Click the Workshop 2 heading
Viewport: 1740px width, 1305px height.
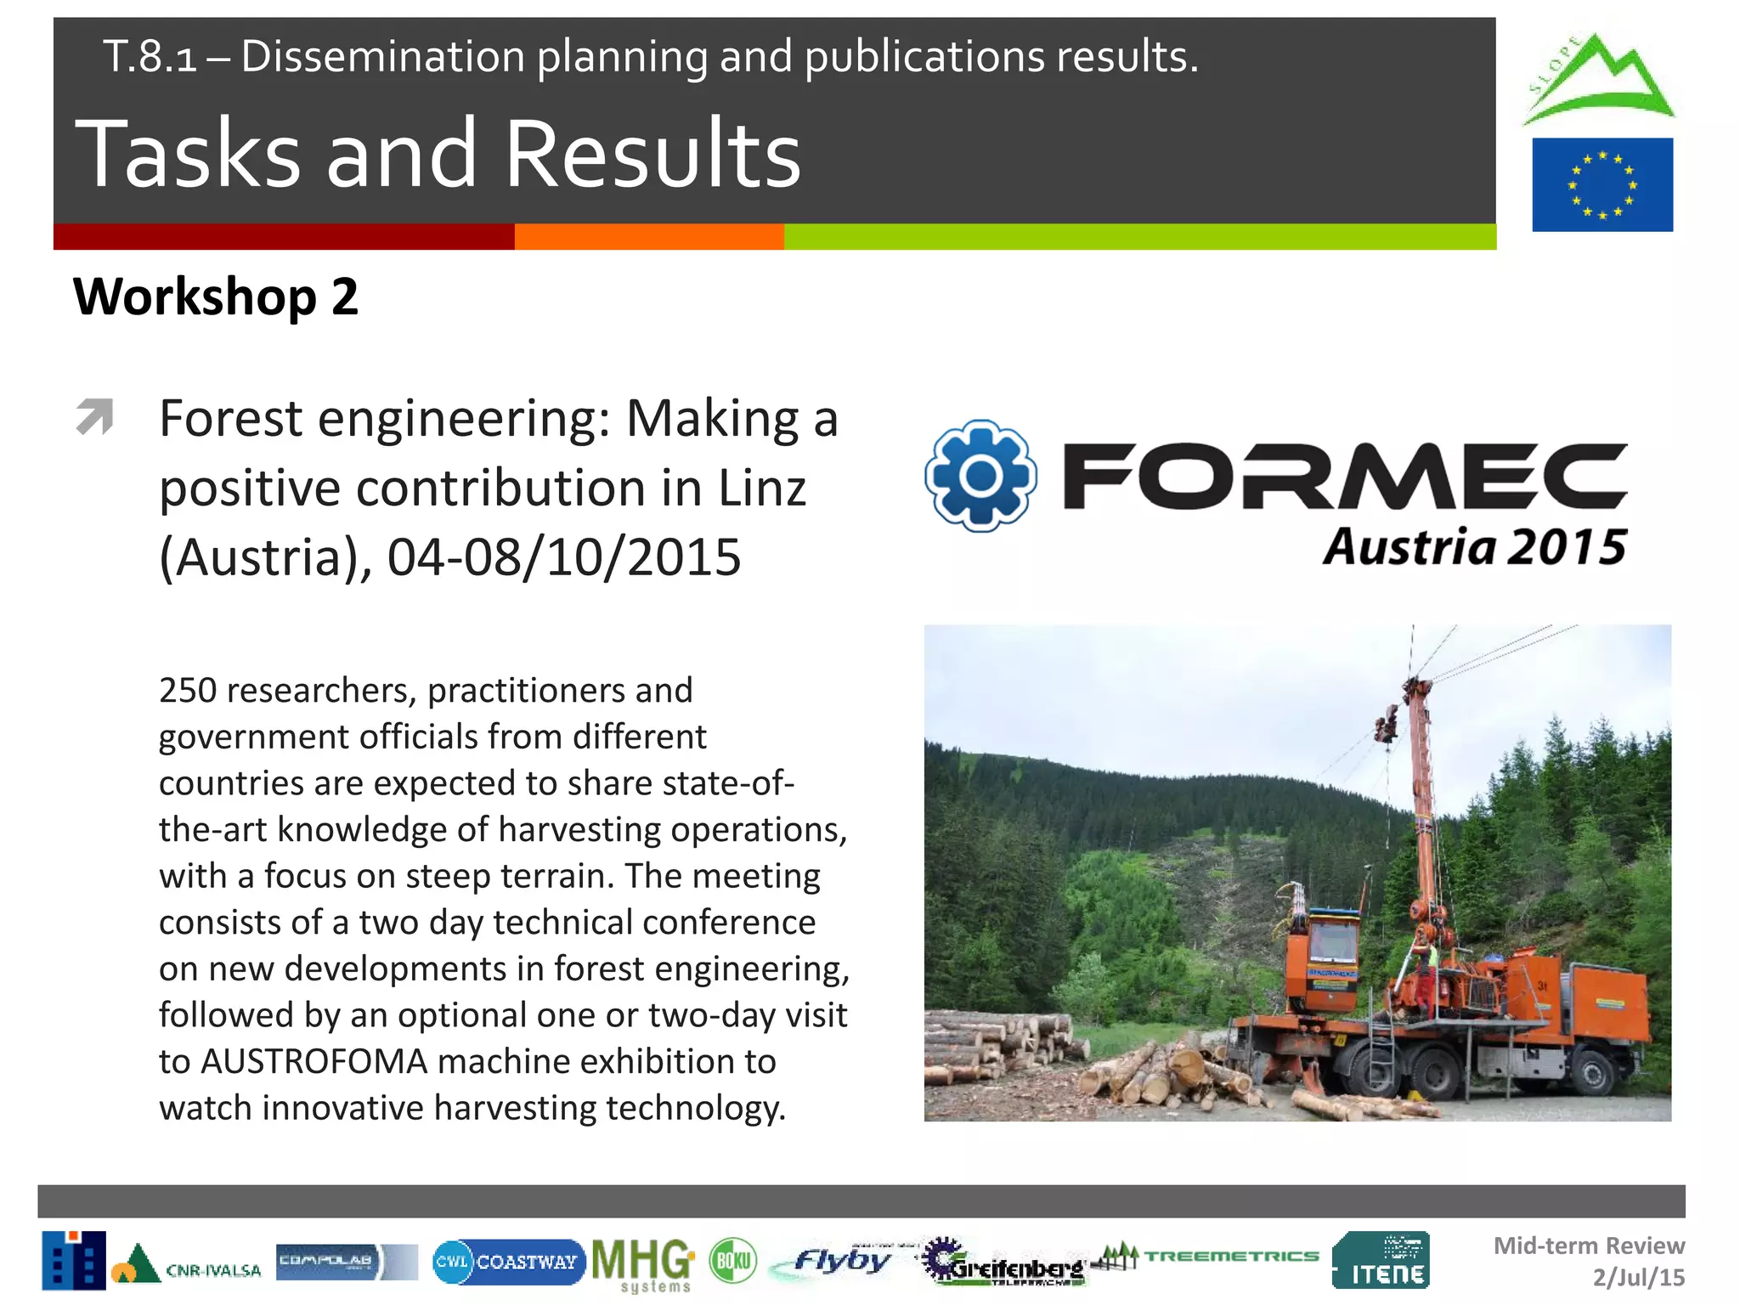tap(216, 297)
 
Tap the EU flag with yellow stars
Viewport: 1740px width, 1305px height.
tap(1602, 184)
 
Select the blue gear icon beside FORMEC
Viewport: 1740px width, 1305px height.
tap(980, 476)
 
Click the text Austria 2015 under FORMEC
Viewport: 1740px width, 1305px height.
tap(1474, 546)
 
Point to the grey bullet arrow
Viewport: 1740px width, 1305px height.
tap(94, 416)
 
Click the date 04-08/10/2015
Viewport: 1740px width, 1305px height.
tap(564, 557)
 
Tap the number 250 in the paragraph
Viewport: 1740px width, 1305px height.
tap(188, 690)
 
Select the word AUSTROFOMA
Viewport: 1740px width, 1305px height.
tap(314, 1061)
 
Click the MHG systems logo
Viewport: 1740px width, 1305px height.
tap(643, 1263)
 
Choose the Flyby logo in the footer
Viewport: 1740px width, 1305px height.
tap(841, 1261)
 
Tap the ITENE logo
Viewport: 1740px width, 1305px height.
tap(1381, 1261)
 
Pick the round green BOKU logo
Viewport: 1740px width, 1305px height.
tap(732, 1261)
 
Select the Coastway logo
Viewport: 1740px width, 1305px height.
tap(508, 1262)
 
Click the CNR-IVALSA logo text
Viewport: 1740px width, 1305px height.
tap(212, 1270)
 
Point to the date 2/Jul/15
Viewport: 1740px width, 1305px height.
tap(1638, 1277)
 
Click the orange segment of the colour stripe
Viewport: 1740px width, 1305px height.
tap(649, 237)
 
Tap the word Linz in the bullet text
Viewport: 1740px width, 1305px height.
tap(761, 489)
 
